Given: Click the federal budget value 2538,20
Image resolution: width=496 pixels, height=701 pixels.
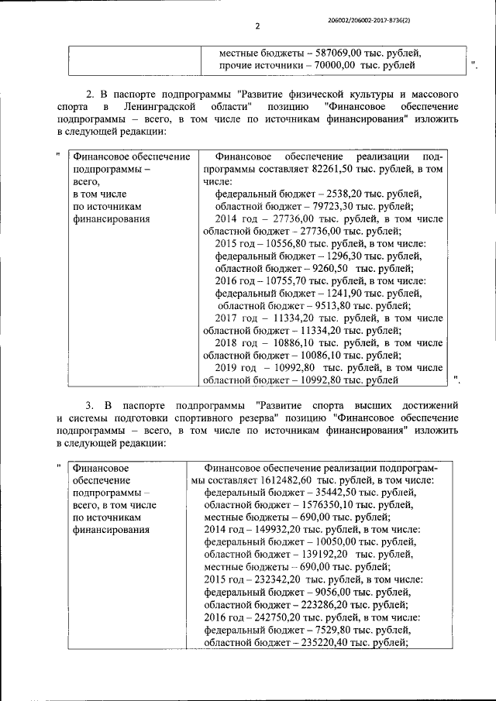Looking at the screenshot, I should point(343,194).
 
